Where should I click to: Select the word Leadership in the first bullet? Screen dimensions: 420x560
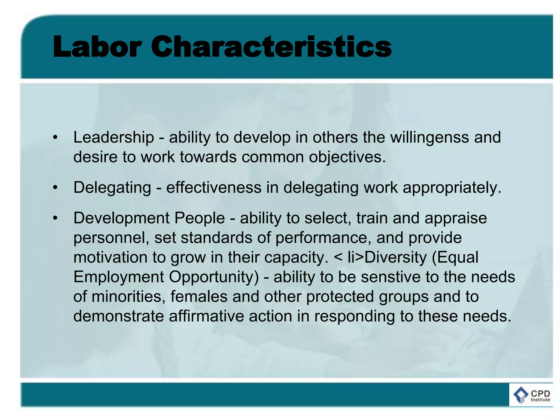click(114, 137)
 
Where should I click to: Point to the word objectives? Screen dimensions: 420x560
click(347, 157)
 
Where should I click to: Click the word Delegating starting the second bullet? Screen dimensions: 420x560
click(112, 188)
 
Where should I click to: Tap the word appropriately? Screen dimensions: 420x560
click(452, 188)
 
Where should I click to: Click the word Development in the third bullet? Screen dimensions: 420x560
click(121, 218)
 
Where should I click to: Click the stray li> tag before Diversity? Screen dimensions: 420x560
click(355, 258)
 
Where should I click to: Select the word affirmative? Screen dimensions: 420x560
click(206, 316)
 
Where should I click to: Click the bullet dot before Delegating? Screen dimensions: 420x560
click(56, 188)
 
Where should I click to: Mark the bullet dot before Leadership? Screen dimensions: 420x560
click(56, 137)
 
